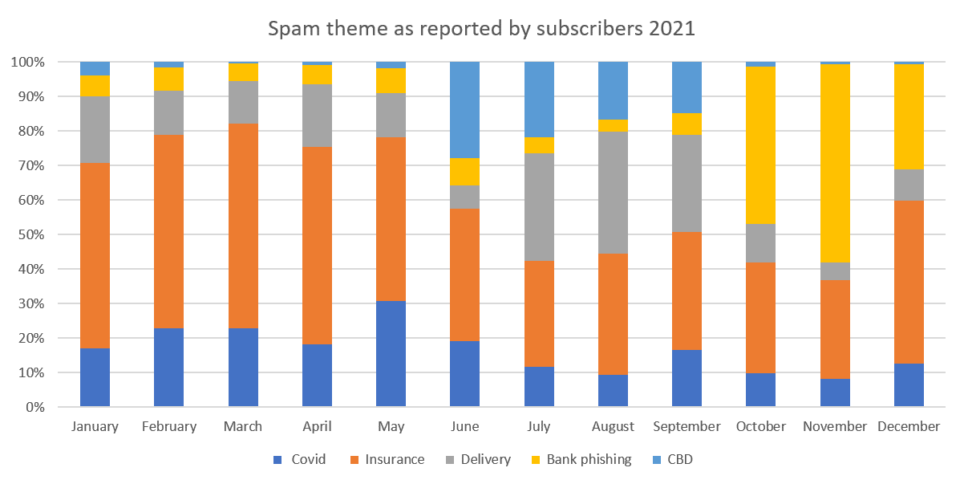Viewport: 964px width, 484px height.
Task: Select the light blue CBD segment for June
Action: pyautogui.click(x=464, y=110)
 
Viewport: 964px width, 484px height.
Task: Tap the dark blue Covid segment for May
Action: pyautogui.click(x=391, y=354)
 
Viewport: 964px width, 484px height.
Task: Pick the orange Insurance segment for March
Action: pyautogui.click(x=243, y=226)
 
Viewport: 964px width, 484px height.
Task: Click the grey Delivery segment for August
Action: pyautogui.click(x=613, y=192)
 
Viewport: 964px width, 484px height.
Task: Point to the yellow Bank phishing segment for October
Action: pyautogui.click(x=760, y=145)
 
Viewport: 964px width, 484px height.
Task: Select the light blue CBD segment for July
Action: pyautogui.click(x=539, y=100)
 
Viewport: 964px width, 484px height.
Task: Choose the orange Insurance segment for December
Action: pyautogui.click(x=909, y=282)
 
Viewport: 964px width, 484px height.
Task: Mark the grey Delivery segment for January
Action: pyautogui.click(x=95, y=129)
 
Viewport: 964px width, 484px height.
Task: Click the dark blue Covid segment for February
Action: pyautogui.click(x=168, y=368)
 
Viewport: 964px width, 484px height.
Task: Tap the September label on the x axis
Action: pyautogui.click(x=687, y=427)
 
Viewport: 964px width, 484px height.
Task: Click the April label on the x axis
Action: pyautogui.click(x=317, y=427)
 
